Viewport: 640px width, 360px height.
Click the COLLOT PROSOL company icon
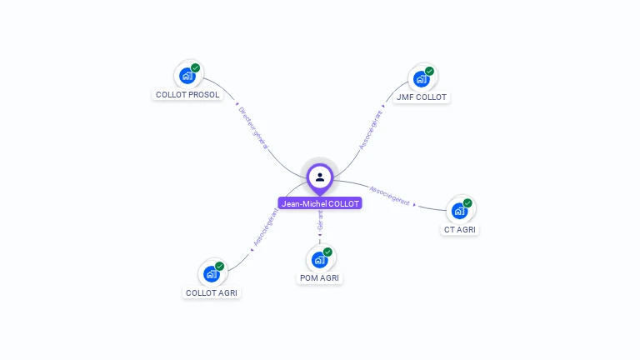(187, 76)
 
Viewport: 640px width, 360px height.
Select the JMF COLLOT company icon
(422, 79)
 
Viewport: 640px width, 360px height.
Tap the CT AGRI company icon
(460, 211)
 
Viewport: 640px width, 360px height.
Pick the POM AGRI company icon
(320, 259)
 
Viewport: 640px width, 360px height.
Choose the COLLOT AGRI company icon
(212, 273)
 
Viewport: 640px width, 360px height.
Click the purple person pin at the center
(320, 177)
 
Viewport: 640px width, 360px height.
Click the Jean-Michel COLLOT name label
(320, 203)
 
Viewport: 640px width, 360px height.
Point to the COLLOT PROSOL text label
(187, 95)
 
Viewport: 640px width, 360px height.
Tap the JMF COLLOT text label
(422, 97)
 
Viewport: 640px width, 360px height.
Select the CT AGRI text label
(461, 229)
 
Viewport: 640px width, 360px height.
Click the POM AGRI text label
(320, 277)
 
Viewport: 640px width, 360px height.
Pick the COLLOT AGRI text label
(212, 292)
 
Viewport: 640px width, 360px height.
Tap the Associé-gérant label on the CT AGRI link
(389, 195)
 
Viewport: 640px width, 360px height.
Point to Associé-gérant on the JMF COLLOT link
(371, 129)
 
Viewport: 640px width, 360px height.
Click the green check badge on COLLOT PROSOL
(195, 68)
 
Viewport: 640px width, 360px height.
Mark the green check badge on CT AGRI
(467, 203)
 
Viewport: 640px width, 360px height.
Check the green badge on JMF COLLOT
(429, 72)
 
